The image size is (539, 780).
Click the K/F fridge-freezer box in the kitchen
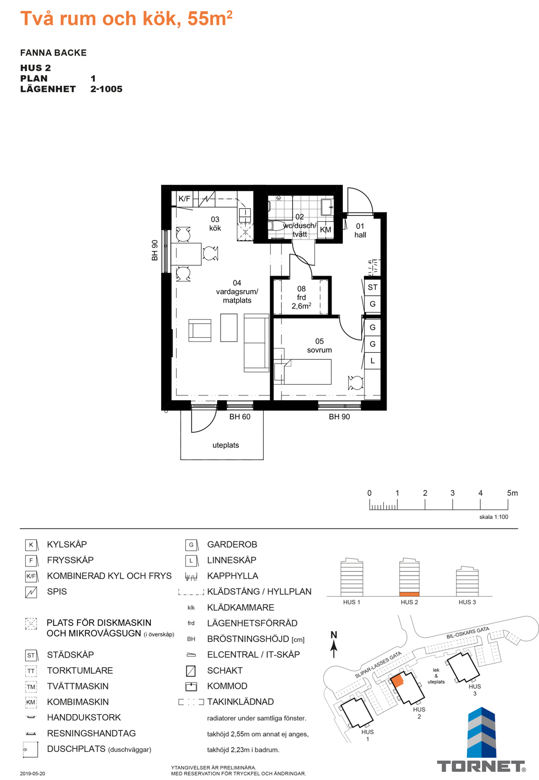[x=185, y=199]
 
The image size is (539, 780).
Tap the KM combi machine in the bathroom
[x=326, y=230]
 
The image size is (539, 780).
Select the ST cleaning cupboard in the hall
[x=372, y=288]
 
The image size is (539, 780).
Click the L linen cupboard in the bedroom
[x=372, y=361]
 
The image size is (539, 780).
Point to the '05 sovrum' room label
[x=319, y=345]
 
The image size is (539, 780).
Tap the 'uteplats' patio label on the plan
[x=225, y=445]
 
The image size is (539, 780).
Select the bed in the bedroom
[x=302, y=372]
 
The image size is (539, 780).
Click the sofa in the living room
[x=257, y=343]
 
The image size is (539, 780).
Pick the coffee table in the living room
[x=229, y=327]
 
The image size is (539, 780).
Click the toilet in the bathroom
[x=277, y=225]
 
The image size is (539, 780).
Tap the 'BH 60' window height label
[x=240, y=416]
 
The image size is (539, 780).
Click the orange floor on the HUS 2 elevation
[x=409, y=594]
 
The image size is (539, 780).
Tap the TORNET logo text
[x=481, y=767]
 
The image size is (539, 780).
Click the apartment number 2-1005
[x=107, y=89]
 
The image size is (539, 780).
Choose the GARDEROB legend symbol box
[x=191, y=545]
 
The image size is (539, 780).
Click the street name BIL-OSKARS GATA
[x=468, y=633]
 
